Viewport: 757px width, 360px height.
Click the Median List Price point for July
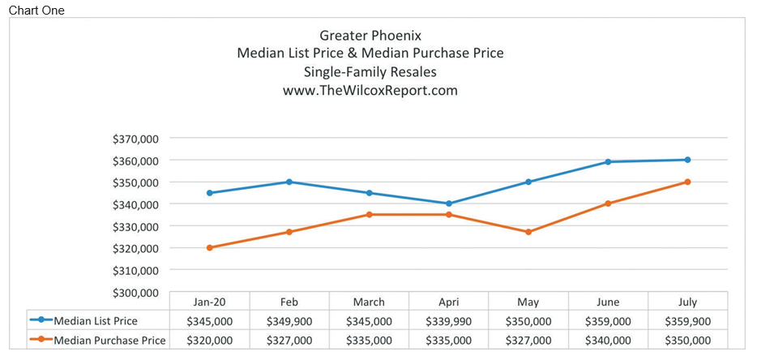[687, 160]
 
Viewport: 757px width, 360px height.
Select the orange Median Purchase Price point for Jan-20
[210, 247]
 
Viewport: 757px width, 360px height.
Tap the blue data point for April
[448, 204]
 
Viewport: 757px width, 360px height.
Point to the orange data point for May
[528, 232]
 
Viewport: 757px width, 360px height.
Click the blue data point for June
[608, 162]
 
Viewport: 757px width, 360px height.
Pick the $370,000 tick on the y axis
[136, 139]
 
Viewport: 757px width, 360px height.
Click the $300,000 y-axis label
[136, 292]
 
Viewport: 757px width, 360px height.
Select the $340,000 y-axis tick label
[136, 204]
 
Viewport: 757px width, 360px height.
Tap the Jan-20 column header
[210, 302]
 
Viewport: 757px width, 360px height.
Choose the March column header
[369, 302]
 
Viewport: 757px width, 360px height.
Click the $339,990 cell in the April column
[448, 321]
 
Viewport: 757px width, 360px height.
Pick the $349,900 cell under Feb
[289, 321]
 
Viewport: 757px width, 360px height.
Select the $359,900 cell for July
[687, 321]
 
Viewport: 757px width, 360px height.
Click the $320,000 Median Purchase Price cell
[210, 341]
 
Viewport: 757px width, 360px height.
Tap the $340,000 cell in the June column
[608, 341]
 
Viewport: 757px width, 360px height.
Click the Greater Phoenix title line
[370, 35]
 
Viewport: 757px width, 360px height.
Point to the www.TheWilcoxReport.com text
[370, 91]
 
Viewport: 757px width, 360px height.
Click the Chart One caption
[36, 10]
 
